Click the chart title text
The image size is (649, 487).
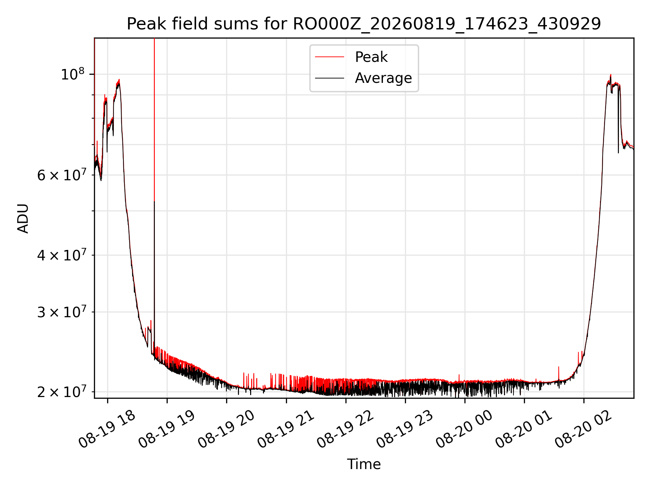[x=364, y=24]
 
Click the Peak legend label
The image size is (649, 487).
[x=371, y=57]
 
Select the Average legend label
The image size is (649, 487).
[x=383, y=78]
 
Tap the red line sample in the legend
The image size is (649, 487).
[x=330, y=57]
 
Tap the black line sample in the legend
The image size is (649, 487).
[x=330, y=78]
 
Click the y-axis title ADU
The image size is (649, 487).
[x=23, y=218]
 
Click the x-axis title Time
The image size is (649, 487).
[x=364, y=464]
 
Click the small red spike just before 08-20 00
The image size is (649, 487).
[x=459, y=378]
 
